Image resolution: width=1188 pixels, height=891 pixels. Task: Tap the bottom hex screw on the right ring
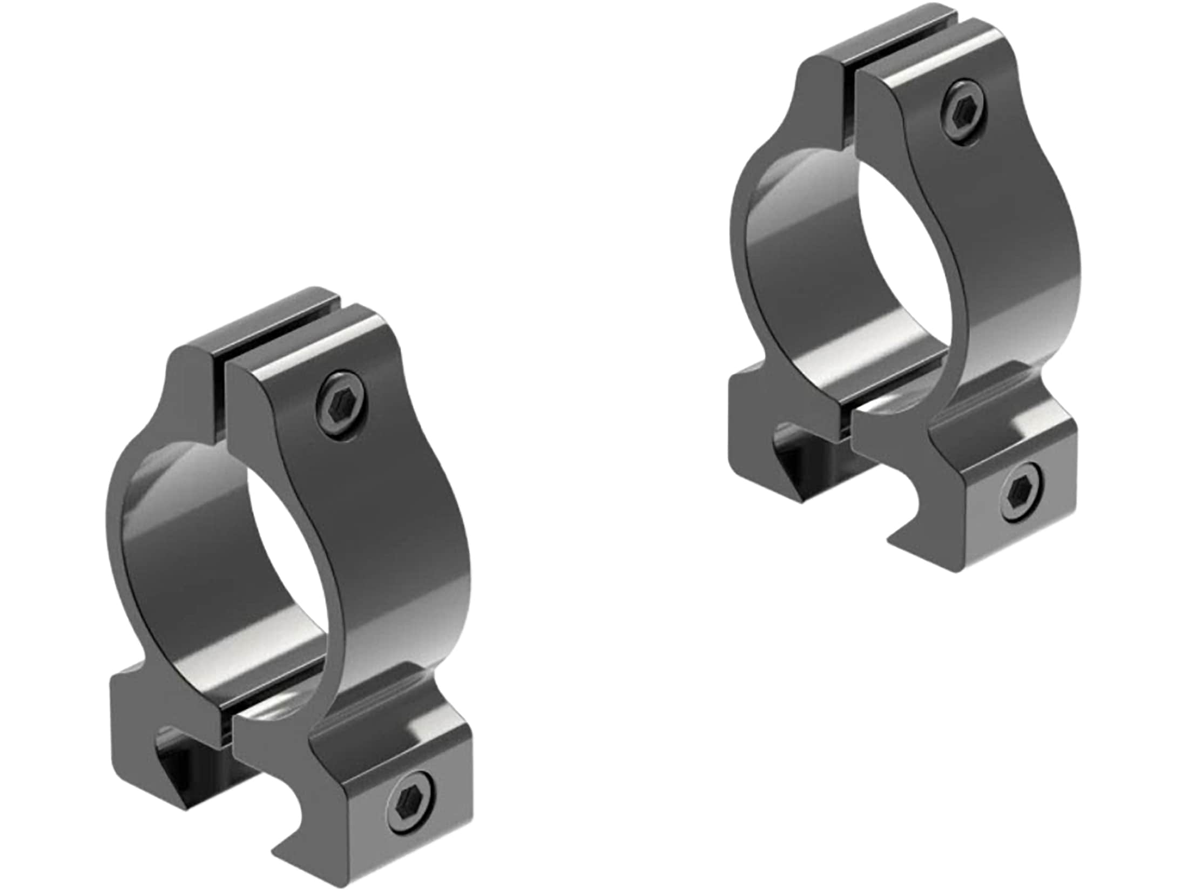click(x=1021, y=491)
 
